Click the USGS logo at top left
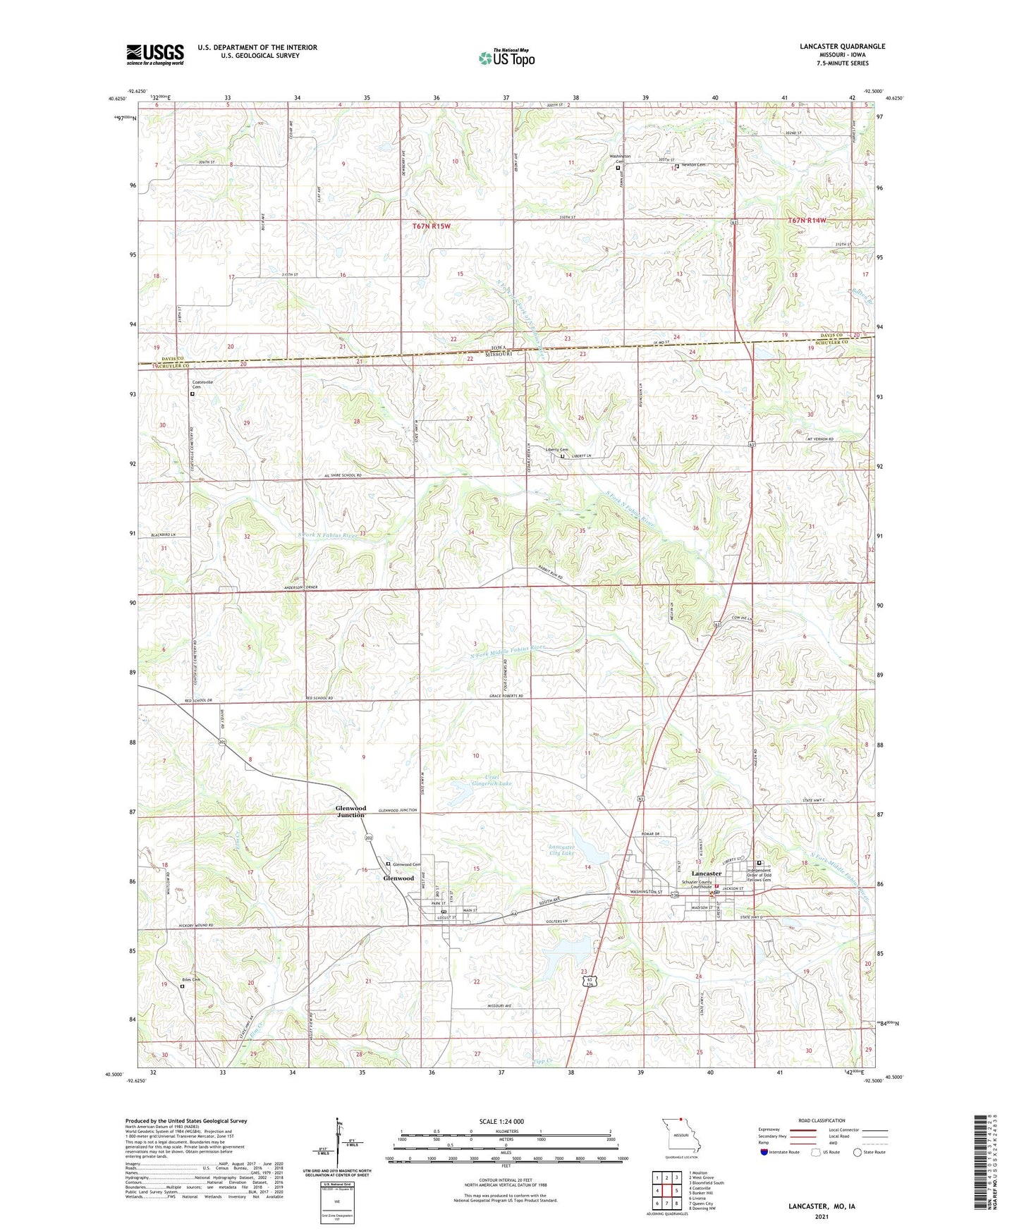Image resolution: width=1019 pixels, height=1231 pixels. (155, 54)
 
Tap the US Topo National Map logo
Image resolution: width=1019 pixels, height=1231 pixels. (506, 58)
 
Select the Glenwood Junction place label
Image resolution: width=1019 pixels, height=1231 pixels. (350, 812)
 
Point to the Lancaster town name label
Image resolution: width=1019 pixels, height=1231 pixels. (706, 874)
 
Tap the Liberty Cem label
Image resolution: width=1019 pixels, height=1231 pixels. (556, 450)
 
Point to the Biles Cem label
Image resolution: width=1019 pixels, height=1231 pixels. (191, 980)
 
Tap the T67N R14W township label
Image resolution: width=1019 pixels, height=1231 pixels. (806, 221)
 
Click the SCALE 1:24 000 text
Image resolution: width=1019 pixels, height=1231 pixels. (501, 1122)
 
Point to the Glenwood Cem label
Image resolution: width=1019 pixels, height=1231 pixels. (406, 864)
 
